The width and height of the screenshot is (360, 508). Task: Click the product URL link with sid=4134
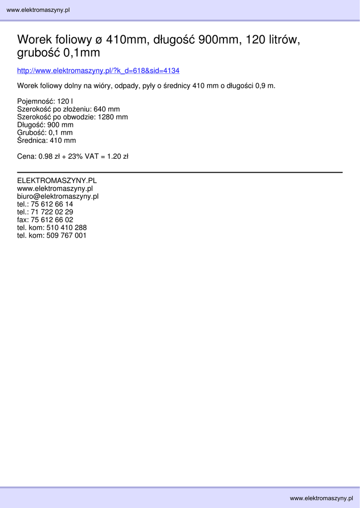point(98,71)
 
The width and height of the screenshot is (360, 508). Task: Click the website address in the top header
point(38,10)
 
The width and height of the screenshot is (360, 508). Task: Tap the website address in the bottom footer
point(321,498)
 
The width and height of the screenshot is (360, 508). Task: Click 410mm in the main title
point(126,40)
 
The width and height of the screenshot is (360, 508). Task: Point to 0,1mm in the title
point(82,53)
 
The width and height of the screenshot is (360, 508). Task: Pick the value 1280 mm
point(113,117)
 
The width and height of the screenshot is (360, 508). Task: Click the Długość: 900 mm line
point(45,125)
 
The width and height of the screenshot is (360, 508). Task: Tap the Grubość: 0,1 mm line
point(45,133)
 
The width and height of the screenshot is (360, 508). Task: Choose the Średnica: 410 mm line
point(46,141)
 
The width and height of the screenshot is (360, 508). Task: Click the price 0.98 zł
point(49,157)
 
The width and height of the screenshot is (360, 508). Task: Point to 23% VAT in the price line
point(84,157)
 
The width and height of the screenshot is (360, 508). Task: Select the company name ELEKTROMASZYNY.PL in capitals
point(57,181)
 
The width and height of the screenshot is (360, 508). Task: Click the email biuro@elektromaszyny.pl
point(58,196)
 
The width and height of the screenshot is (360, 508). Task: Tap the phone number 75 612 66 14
point(52,204)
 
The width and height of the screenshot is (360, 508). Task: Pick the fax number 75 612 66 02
point(52,220)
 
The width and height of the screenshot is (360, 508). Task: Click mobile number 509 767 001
point(67,236)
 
